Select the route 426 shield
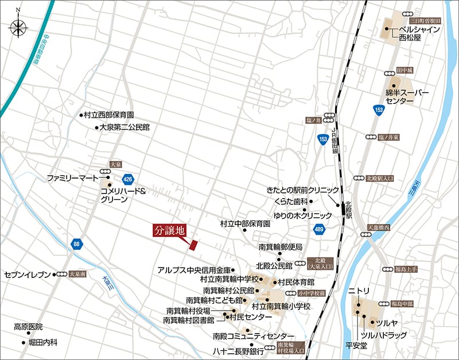point(127,179)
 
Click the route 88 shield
point(77,245)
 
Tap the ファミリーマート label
point(73,179)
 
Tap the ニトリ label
point(359,292)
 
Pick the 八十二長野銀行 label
point(238,350)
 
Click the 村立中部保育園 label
point(245,223)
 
